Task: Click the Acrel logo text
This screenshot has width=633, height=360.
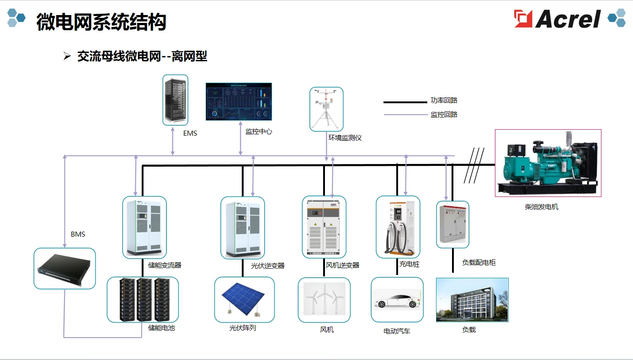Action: coord(568,19)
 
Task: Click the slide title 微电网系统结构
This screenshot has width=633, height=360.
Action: coord(101,22)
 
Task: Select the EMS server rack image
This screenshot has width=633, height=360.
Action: coord(176,100)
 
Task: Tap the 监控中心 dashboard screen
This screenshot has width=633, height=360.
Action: coord(239,101)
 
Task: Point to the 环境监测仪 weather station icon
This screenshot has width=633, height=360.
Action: coord(326,109)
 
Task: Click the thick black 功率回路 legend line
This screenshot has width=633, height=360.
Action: coord(405,102)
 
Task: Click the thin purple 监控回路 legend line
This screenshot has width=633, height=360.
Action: coord(405,115)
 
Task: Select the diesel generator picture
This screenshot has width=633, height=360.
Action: coord(548,163)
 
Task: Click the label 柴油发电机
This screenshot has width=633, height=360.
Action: coord(542,207)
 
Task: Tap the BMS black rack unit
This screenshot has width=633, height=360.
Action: coord(64,269)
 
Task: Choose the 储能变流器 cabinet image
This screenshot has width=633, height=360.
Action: coord(144,227)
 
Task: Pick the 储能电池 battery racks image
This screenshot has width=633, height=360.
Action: coord(143,299)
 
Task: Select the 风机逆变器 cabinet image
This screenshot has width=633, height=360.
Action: coord(324,227)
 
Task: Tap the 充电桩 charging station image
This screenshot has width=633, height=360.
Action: coord(398,227)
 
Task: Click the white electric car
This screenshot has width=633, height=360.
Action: coord(397,301)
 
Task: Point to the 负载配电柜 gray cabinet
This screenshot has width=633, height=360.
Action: coord(452,224)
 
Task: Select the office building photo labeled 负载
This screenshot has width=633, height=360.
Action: coord(472,300)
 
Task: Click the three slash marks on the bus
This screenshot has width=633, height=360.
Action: coord(474,165)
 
